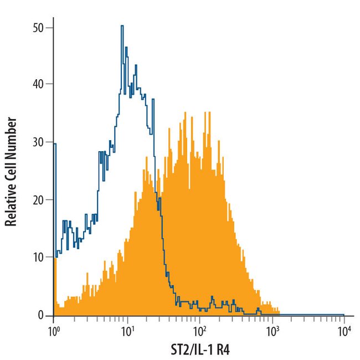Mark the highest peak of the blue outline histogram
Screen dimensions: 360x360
pos(122,25)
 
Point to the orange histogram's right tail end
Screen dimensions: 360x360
pos(279,312)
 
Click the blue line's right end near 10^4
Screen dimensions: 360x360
pos(344,314)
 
